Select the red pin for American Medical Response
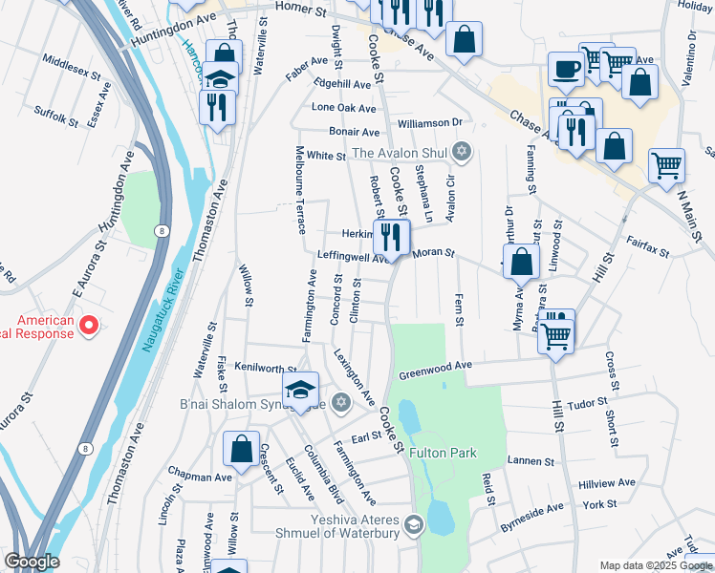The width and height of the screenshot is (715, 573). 89,327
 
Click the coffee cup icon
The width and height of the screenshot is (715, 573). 565,70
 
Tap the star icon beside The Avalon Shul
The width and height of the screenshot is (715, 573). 462,152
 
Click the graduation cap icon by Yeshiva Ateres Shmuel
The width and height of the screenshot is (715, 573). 413,523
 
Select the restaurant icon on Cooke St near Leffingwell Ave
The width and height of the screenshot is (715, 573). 392,235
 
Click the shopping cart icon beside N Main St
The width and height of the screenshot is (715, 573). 666,164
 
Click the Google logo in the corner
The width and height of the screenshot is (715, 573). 32,561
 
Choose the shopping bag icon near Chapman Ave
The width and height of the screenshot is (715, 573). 241,448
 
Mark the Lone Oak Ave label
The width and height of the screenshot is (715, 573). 344,108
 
